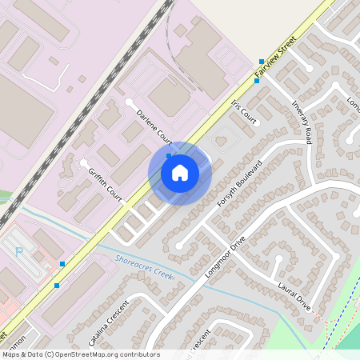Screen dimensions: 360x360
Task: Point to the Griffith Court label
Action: pos(104,184)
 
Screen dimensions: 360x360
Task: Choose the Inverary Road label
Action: pos(301,122)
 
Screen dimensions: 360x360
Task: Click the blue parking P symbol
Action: pos(19,251)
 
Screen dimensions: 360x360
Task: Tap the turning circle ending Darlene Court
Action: pos(130,102)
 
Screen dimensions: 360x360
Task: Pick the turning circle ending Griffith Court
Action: pos(83,163)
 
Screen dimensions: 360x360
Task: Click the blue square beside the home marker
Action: pos(169,156)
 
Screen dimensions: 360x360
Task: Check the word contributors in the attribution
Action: pos(136,354)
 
